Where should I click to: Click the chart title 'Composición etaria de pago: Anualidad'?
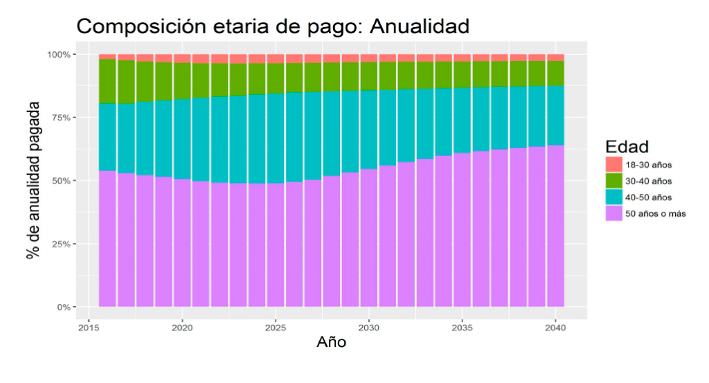pos(273,26)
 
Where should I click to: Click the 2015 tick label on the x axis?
pos(88,328)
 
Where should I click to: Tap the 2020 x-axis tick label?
pos(181,328)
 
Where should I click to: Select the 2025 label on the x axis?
pos(276,328)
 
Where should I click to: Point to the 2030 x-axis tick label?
pos(369,328)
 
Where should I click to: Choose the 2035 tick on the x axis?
pos(463,328)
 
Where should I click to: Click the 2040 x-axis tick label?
pos(556,328)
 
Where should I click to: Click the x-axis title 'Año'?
pos(331,342)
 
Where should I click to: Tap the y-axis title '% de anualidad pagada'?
pos(33,180)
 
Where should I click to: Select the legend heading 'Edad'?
pos(626,147)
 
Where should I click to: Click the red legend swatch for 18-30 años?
pos(613,165)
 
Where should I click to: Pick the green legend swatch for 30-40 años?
pos(613,181)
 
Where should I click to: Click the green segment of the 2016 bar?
pos(107,81)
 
